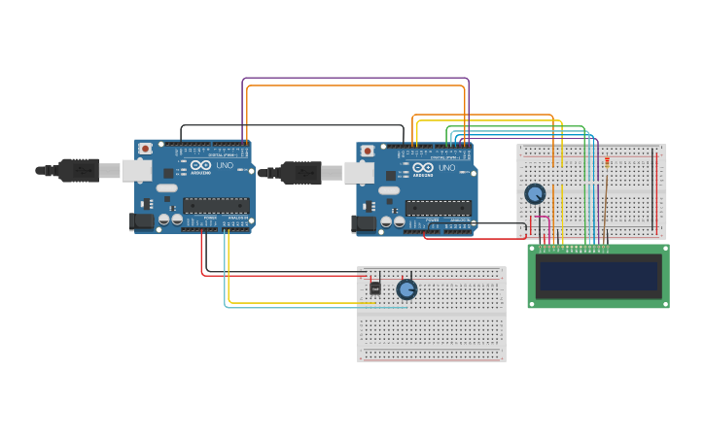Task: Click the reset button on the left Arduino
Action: pyautogui.click(x=145, y=149)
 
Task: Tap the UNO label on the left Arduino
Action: pyautogui.click(x=223, y=166)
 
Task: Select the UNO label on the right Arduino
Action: pyautogui.click(x=445, y=168)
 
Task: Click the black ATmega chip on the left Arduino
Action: pyautogui.click(x=216, y=205)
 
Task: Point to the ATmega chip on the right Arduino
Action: pyautogui.click(x=439, y=207)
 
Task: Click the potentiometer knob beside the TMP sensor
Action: pyautogui.click(x=406, y=289)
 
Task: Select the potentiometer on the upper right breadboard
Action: pyautogui.click(x=535, y=194)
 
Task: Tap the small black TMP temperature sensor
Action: pyautogui.click(x=375, y=288)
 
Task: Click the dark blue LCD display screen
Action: pyautogui.click(x=598, y=276)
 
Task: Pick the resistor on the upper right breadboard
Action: pyautogui.click(x=608, y=162)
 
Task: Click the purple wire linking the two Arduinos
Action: pyautogui.click(x=355, y=79)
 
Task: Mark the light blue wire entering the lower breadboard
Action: pyautogui.click(x=292, y=308)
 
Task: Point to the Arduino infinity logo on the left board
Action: pyautogui.click(x=200, y=166)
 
